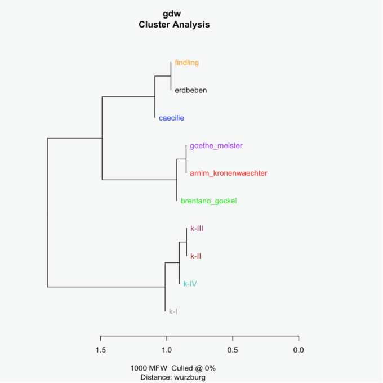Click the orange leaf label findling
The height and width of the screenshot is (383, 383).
pyautogui.click(x=186, y=63)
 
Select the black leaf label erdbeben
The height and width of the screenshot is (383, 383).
pyautogui.click(x=190, y=90)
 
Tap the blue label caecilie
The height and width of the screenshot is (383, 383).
pyautogui.click(x=171, y=118)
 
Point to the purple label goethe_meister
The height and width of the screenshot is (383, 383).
pyautogui.click(x=216, y=146)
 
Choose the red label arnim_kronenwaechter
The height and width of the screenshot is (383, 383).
pyautogui.click(x=228, y=173)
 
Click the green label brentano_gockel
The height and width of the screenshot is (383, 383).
pyautogui.click(x=208, y=201)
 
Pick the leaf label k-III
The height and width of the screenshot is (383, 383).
pyautogui.click(x=197, y=229)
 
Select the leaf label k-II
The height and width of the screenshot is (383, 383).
pyautogui.click(x=195, y=256)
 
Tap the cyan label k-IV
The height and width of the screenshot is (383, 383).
pyautogui.click(x=190, y=284)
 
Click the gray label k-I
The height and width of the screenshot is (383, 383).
pyautogui.click(x=173, y=311)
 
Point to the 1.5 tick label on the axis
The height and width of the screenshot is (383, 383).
pyautogui.click(x=101, y=350)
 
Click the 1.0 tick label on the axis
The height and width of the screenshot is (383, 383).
pyautogui.click(x=167, y=350)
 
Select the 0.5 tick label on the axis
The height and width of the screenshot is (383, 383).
pyautogui.click(x=233, y=350)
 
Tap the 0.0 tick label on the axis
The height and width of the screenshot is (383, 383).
pyautogui.click(x=299, y=350)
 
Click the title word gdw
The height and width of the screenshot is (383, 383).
pyautogui.click(x=174, y=15)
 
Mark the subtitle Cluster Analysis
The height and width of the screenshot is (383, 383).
pyautogui.click(x=174, y=25)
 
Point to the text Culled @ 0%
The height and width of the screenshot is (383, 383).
pyautogui.click(x=194, y=368)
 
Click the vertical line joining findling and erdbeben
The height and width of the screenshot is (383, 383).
pyautogui.click(x=171, y=76)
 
